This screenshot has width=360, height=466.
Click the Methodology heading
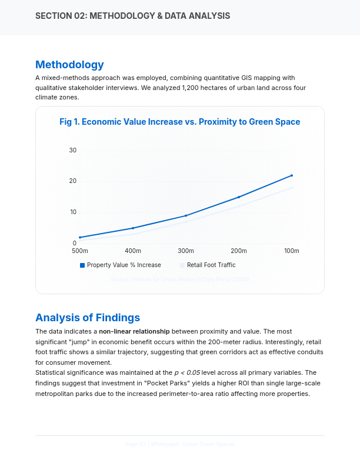[x=69, y=65]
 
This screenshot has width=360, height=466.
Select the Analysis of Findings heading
[x=88, y=318]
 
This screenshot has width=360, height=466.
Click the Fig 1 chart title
[x=180, y=122]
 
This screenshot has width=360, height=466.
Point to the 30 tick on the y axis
[x=73, y=150]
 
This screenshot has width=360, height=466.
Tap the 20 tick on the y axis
[x=73, y=181]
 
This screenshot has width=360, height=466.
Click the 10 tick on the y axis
[x=73, y=212]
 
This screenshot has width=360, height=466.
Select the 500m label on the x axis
[x=80, y=251]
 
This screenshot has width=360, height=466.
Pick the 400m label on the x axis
[x=133, y=251]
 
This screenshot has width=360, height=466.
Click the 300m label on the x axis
[x=186, y=251]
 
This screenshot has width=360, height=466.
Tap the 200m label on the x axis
[x=239, y=251]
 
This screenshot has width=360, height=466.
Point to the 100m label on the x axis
[x=292, y=251]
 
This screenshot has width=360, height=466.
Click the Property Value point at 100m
[x=292, y=175]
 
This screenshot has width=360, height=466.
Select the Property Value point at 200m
[x=239, y=197]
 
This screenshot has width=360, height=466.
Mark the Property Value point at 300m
[x=186, y=215]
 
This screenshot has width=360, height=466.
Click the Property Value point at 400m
[x=133, y=228]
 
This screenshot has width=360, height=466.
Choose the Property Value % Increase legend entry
[x=121, y=265]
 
